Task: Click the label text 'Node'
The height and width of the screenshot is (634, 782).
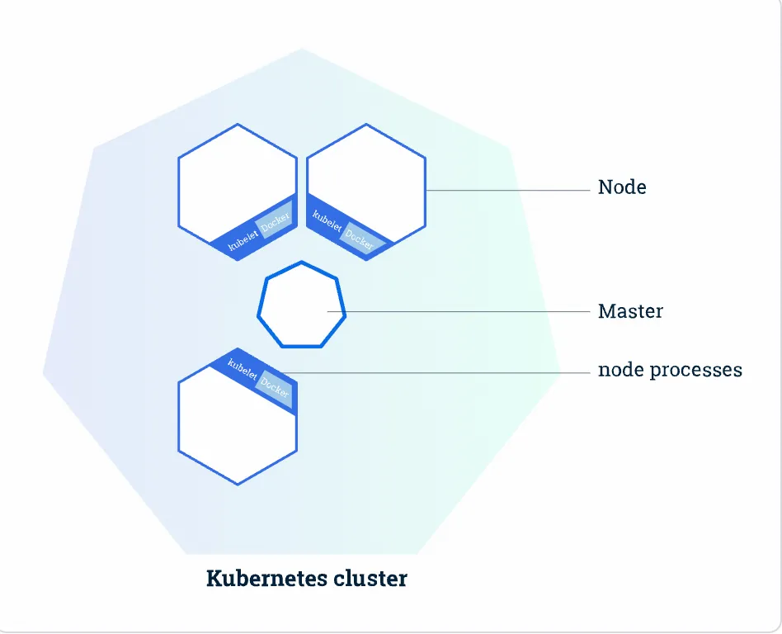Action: coord(622,187)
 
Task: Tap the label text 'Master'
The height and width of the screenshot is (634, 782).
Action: coord(630,312)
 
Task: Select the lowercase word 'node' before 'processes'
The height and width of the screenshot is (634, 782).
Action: coord(621,371)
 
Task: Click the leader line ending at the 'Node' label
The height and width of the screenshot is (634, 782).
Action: coord(511,191)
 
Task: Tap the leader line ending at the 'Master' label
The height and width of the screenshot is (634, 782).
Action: coord(462,312)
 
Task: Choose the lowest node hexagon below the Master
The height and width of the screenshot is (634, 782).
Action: coord(238,429)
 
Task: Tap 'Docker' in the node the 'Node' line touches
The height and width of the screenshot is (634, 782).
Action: coord(360,237)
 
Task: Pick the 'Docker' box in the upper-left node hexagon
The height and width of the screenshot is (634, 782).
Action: coord(275,221)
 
